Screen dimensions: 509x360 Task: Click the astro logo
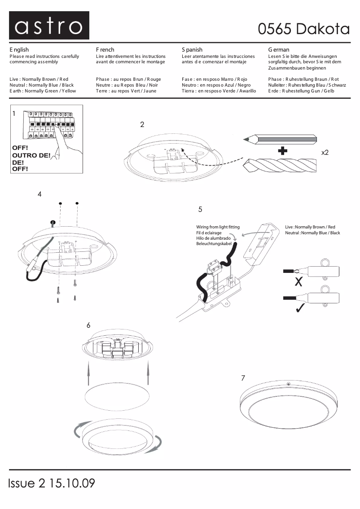(x=49, y=26)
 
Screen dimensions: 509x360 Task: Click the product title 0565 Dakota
(x=303, y=29)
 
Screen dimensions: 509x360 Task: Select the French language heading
(x=105, y=50)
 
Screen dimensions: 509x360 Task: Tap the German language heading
(x=279, y=50)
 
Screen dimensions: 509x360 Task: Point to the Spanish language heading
(x=192, y=50)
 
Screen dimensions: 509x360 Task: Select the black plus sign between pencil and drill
(x=282, y=151)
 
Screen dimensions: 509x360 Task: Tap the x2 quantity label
(x=325, y=153)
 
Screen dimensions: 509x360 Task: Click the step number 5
(x=200, y=209)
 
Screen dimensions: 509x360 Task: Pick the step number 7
(x=243, y=378)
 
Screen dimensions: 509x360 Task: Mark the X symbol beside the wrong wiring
(x=298, y=282)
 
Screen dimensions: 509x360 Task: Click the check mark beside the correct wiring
(x=298, y=309)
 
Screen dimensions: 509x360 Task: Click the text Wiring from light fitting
(x=218, y=227)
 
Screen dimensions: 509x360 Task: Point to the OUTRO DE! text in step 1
(x=31, y=155)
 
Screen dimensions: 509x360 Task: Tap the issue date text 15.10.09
(x=72, y=483)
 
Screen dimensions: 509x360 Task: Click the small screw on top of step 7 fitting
(x=289, y=384)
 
